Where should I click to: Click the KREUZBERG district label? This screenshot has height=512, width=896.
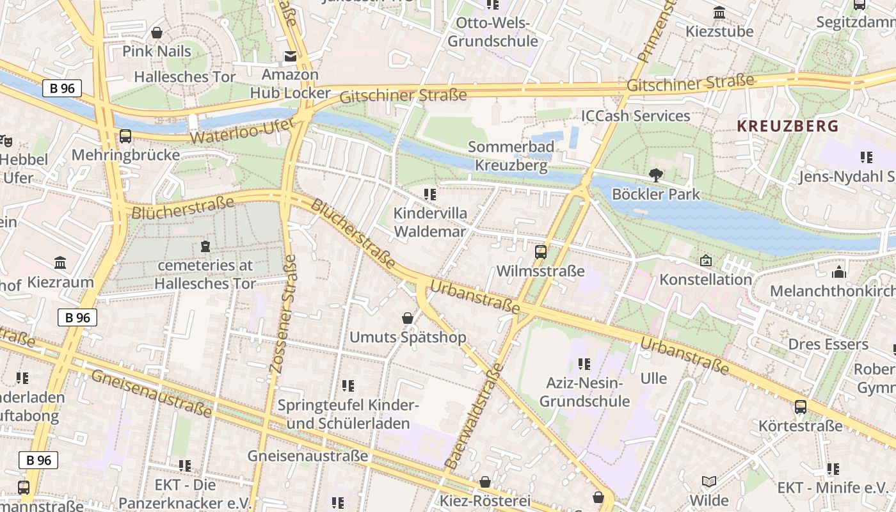(787, 126)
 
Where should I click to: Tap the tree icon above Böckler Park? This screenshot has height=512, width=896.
(655, 175)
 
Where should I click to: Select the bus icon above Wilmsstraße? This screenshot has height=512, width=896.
(541, 252)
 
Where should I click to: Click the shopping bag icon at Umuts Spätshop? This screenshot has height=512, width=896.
(407, 317)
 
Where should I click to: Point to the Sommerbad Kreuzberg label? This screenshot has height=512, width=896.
(511, 156)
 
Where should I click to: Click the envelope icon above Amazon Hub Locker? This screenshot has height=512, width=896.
(291, 56)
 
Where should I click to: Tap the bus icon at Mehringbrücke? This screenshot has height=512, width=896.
(125, 136)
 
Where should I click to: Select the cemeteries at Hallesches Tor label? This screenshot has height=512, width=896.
(205, 274)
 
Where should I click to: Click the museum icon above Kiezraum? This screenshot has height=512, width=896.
(60, 262)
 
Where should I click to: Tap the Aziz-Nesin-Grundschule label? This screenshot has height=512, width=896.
(584, 392)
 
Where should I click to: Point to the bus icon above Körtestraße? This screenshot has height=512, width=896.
(800, 406)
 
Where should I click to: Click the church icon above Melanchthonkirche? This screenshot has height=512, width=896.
(838, 272)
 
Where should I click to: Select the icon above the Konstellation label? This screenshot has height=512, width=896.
(705, 260)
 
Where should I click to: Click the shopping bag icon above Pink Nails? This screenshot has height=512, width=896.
(156, 32)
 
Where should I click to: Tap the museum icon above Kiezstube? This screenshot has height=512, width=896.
(719, 13)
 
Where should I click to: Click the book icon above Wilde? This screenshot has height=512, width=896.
(708, 481)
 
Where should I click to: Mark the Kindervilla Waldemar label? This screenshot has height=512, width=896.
(430, 221)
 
